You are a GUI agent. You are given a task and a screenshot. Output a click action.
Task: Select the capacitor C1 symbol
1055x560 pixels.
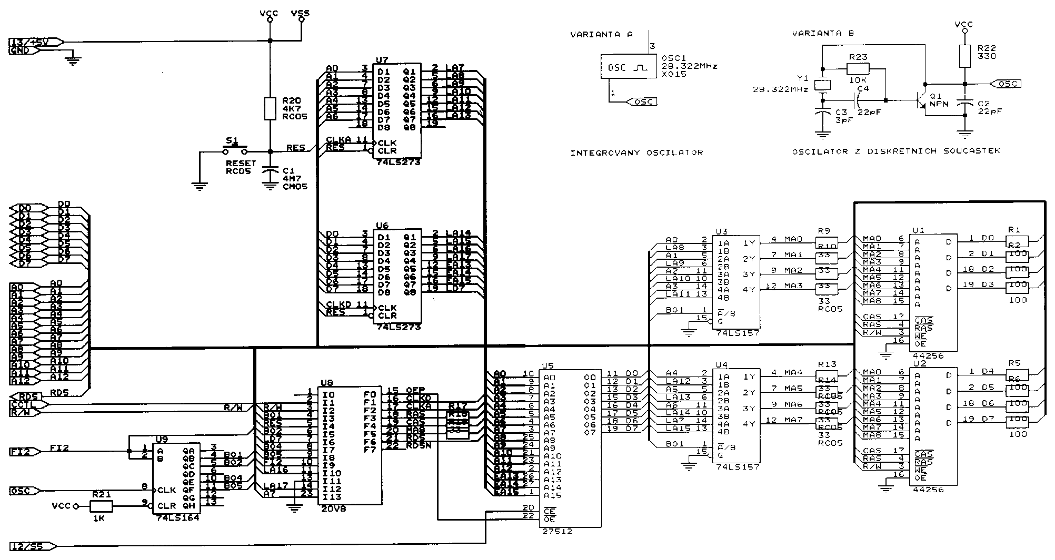click(271, 171)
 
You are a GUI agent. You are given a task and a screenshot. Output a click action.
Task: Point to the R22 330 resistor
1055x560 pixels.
click(964, 56)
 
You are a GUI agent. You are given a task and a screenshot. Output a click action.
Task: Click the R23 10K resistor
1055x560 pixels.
click(858, 68)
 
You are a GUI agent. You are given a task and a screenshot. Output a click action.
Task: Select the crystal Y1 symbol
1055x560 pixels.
click(822, 85)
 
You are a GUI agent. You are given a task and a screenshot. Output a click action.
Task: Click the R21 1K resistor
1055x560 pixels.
click(101, 506)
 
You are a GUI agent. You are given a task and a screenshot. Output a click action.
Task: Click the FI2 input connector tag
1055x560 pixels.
click(24, 451)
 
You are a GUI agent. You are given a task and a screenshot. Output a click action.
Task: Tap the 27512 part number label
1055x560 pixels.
click(557, 532)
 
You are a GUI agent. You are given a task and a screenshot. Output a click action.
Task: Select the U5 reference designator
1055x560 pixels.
click(548, 365)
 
